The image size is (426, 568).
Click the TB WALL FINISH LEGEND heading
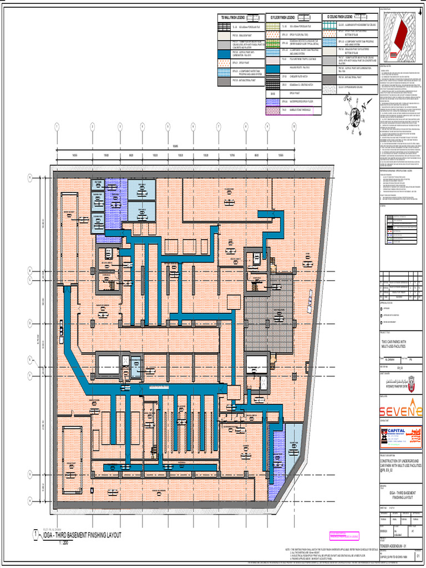point(232,18)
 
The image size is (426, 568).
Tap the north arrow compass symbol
point(354,115)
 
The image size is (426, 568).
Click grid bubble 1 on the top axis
point(57,127)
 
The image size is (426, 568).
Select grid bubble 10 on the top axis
point(293,127)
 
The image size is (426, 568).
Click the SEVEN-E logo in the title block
point(400,410)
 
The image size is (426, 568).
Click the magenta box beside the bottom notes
point(343,536)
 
